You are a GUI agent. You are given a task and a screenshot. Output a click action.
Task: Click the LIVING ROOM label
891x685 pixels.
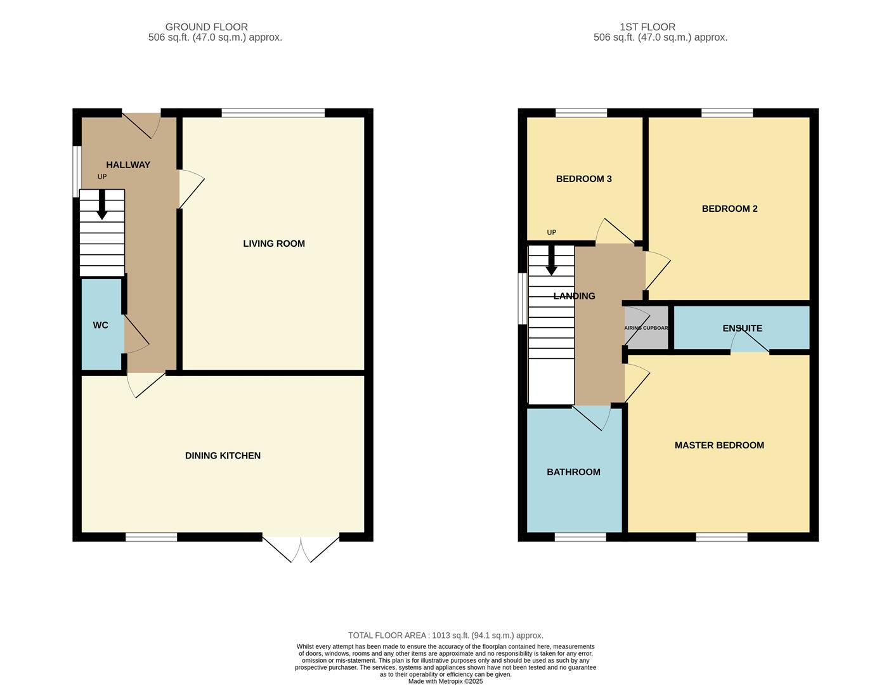tap(274, 244)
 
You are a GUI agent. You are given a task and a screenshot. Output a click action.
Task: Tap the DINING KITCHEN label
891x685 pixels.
tap(223, 455)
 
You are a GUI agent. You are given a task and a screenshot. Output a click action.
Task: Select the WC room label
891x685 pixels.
tap(100, 325)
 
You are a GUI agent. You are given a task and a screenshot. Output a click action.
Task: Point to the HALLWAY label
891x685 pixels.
tap(128, 165)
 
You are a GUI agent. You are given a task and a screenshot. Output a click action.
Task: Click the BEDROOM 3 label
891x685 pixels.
tap(584, 179)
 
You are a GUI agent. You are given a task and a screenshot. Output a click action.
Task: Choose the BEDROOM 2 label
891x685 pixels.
tap(729, 209)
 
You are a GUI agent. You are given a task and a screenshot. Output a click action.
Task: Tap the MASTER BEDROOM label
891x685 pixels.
tap(719, 445)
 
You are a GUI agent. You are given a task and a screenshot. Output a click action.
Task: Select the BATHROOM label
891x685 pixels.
tap(573, 472)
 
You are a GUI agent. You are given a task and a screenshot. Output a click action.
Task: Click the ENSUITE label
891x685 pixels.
tap(742, 328)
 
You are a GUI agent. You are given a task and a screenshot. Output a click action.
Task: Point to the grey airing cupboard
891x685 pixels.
tap(647, 327)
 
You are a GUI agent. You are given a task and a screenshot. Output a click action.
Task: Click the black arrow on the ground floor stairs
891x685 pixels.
tap(101, 204)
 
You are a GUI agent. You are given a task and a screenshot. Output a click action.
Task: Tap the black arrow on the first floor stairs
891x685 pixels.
tap(552, 260)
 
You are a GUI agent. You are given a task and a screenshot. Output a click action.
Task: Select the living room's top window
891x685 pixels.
tap(273, 113)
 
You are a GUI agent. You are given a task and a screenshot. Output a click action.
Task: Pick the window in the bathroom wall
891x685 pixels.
tap(580, 537)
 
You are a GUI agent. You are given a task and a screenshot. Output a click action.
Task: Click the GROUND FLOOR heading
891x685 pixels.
tap(206, 27)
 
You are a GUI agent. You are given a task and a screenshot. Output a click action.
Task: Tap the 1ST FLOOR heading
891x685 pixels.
tap(647, 27)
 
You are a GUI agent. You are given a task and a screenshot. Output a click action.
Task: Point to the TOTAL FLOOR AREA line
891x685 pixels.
tap(446, 636)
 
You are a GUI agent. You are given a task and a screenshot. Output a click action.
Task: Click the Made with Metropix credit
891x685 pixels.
tap(445, 681)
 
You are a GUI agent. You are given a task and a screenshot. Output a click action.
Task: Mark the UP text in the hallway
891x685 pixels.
tap(102, 177)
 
